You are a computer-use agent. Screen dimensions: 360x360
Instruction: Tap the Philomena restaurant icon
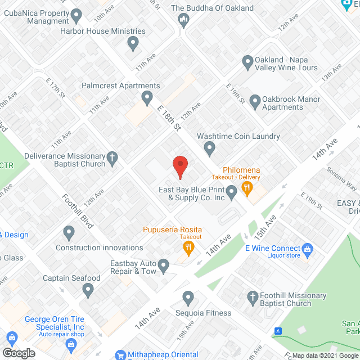tap(246, 188)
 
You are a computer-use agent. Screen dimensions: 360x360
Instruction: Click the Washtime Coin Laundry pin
tap(210, 149)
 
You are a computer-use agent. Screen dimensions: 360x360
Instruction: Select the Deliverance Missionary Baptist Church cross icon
tap(112, 160)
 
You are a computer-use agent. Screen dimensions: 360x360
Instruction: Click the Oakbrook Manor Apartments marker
tap(255, 102)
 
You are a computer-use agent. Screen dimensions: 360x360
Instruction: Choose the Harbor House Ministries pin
tap(133, 43)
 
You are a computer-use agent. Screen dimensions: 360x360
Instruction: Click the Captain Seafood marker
tap(88, 290)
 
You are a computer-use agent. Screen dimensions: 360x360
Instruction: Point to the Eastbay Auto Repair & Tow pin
tap(164, 264)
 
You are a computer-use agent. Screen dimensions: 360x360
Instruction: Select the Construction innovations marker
tap(69, 232)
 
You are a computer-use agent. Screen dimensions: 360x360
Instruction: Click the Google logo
tap(18, 353)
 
